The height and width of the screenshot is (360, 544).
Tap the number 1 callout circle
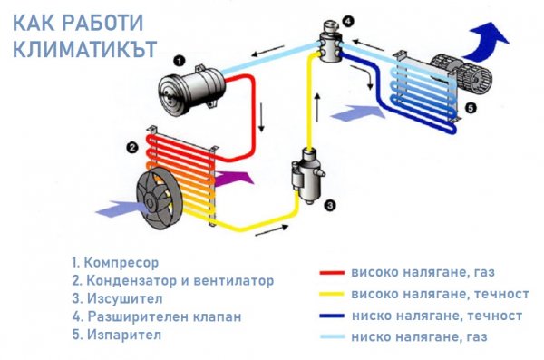[x=180, y=60]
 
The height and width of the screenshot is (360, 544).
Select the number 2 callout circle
[x=132, y=147]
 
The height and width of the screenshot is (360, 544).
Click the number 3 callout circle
[x=331, y=205]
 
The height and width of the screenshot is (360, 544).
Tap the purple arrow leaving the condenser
[x=234, y=172]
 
